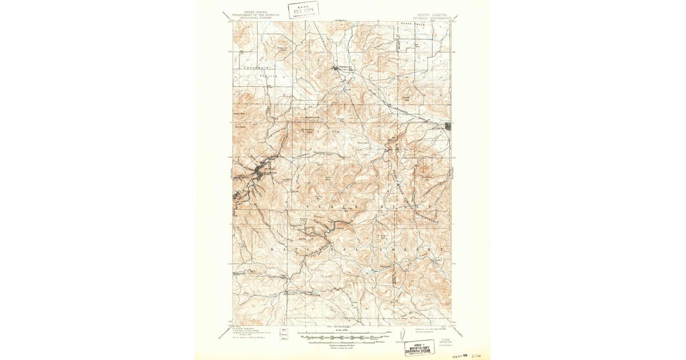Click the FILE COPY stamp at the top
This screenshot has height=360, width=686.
click(x=303, y=10)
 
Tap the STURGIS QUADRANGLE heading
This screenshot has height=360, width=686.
click(x=432, y=18)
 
